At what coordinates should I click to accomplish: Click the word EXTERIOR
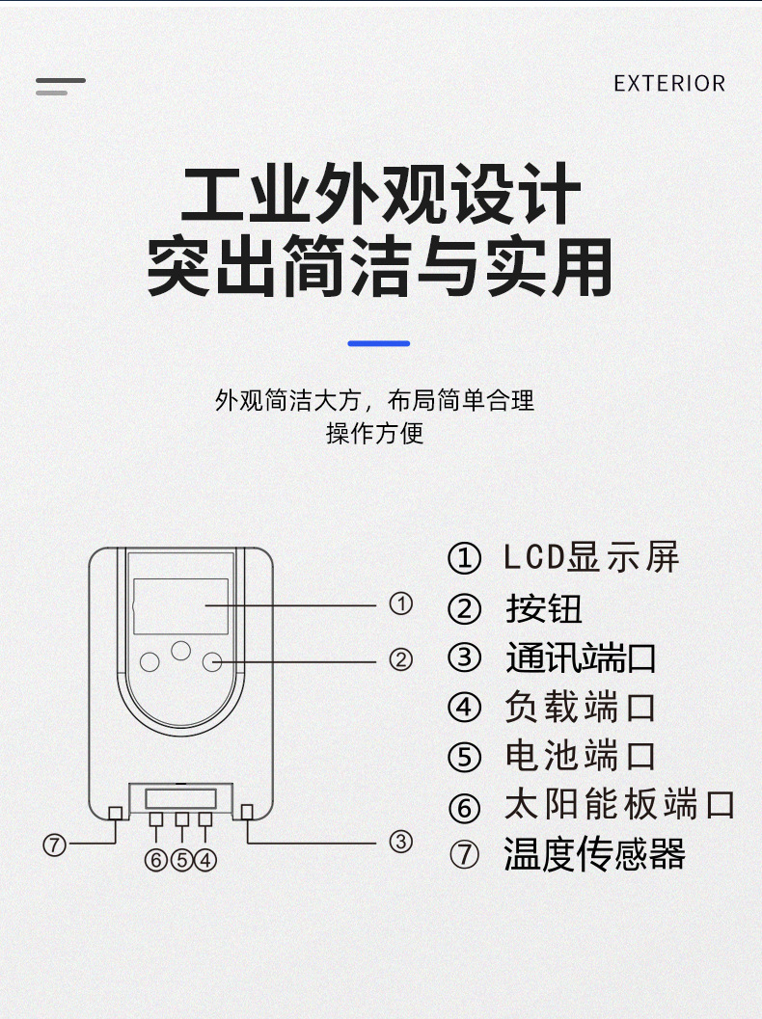(x=669, y=84)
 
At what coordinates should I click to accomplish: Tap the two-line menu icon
(x=60, y=87)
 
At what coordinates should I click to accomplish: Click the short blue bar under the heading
(x=379, y=343)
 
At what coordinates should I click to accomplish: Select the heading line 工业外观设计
(x=381, y=197)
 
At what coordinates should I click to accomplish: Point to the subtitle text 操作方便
(x=374, y=433)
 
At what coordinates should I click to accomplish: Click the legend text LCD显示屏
(x=591, y=557)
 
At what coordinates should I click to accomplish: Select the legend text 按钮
(x=544, y=608)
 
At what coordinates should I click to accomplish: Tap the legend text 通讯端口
(x=581, y=657)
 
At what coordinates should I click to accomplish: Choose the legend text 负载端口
(x=581, y=708)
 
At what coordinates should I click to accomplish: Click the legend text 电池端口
(x=581, y=757)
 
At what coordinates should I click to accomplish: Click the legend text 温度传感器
(x=594, y=855)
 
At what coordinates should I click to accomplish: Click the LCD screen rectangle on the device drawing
(x=180, y=606)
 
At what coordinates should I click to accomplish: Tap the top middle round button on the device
(x=180, y=650)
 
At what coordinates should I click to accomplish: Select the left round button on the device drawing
(x=150, y=661)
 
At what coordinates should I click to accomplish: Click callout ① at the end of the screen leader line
(x=400, y=605)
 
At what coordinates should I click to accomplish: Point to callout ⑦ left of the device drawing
(x=55, y=845)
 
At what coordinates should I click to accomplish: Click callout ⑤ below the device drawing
(x=181, y=860)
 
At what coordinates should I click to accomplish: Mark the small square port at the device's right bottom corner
(x=248, y=812)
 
